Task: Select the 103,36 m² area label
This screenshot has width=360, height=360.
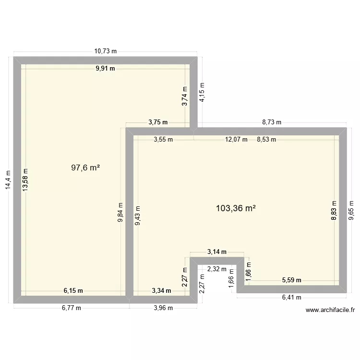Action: tap(236, 208)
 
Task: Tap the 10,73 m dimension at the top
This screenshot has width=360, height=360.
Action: tap(106, 51)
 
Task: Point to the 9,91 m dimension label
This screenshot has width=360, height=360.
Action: tap(106, 68)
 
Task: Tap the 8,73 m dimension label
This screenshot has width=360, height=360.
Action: tap(272, 122)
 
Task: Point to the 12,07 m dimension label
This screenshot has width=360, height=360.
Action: tap(236, 140)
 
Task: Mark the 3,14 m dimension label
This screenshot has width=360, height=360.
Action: tap(217, 252)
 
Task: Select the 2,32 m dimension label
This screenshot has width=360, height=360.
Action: tap(217, 269)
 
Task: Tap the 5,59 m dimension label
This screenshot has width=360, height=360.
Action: tap(291, 280)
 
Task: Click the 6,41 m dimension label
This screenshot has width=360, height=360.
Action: tap(291, 297)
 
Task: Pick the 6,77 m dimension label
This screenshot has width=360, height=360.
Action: tap(72, 308)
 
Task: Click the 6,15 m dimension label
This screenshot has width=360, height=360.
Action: tap(73, 290)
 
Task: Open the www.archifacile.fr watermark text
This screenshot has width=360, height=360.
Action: tap(330, 310)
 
